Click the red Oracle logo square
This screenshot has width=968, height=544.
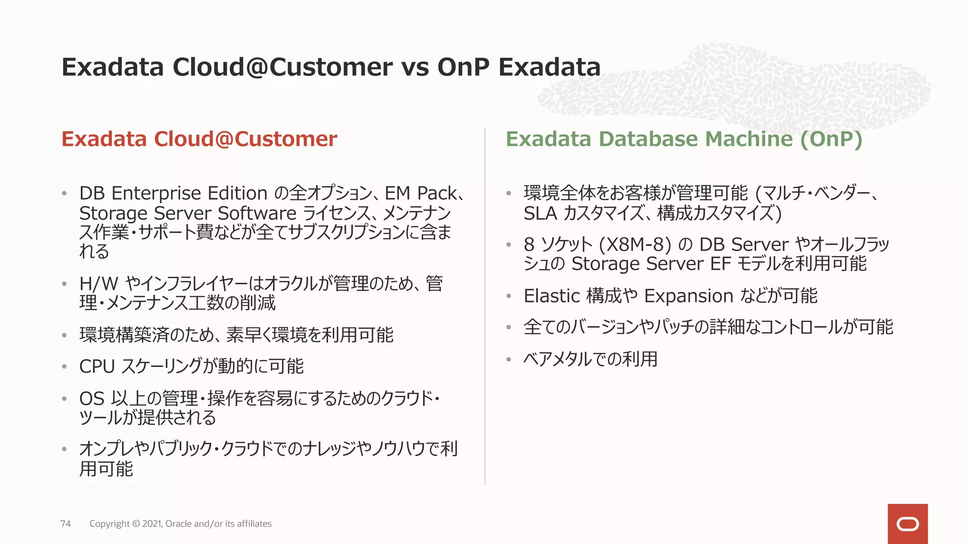click(907, 524)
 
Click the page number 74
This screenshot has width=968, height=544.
click(66, 524)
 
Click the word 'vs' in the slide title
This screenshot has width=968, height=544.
click(415, 67)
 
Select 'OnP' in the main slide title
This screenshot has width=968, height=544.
click(463, 67)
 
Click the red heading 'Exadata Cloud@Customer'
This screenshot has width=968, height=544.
click(199, 139)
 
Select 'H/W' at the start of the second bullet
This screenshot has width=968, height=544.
click(99, 284)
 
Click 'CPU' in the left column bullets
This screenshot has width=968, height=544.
click(97, 366)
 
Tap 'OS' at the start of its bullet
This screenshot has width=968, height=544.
click(92, 399)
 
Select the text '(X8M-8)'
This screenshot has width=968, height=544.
click(635, 245)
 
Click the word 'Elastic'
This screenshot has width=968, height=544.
click(552, 296)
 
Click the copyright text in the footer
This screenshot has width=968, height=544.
click(180, 524)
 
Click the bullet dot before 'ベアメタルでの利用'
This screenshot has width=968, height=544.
click(509, 360)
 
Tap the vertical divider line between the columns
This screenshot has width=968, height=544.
click(485, 307)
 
